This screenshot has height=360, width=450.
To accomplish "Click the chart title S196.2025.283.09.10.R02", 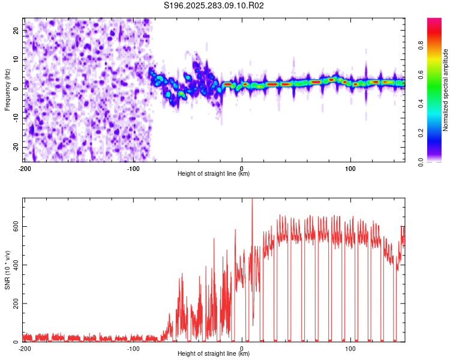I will point(214,6).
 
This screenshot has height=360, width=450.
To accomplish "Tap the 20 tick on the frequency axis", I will point(17,29).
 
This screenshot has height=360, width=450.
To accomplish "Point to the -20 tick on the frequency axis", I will point(15,147).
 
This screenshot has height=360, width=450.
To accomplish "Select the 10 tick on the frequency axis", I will point(17,59).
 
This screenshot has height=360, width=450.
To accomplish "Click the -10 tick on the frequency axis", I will point(15,118).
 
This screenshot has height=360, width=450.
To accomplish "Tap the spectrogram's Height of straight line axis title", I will point(214,174).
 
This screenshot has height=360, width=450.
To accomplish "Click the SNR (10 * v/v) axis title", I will point(7,269).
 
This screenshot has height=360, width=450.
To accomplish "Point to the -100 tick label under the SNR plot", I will point(133,349).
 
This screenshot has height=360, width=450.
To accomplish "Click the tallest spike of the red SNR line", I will point(252,200).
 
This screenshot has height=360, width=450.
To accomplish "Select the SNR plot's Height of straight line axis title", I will point(214,355).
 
